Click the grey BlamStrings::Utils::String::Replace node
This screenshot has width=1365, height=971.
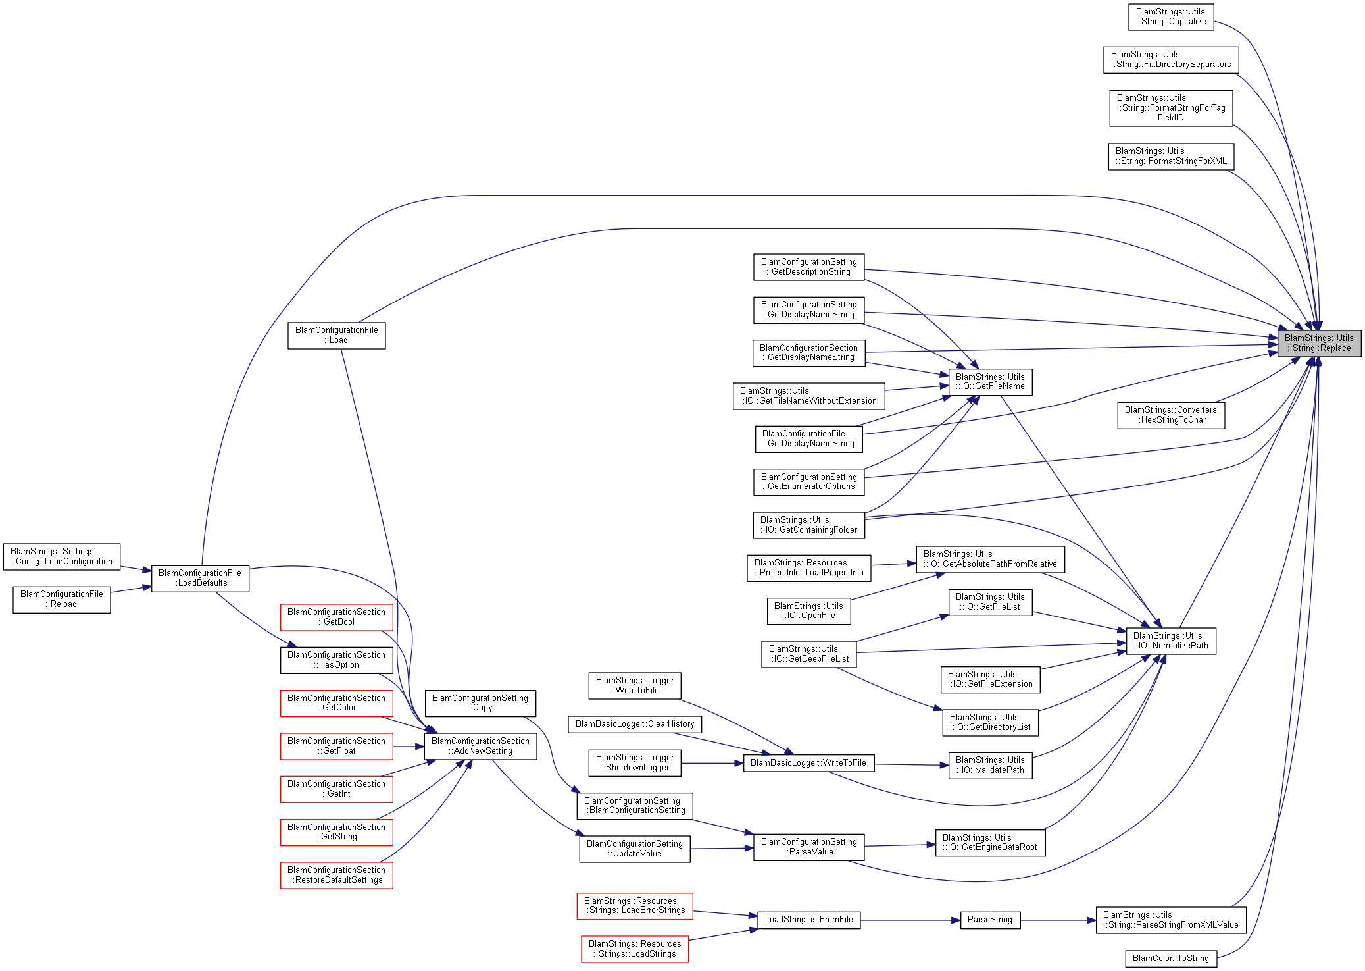click(x=1318, y=343)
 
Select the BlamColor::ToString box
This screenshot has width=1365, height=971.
click(x=1170, y=958)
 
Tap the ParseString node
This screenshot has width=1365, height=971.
click(x=989, y=920)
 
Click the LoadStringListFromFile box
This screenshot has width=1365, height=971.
click(x=808, y=920)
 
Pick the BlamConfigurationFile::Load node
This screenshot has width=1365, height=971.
click(x=336, y=335)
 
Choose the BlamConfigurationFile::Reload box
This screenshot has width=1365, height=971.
click(x=62, y=599)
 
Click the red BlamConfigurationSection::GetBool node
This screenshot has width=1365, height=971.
click(x=336, y=617)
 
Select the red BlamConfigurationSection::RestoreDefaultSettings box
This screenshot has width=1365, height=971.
click(x=336, y=875)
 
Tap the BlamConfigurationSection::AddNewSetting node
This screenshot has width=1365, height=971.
click(x=480, y=746)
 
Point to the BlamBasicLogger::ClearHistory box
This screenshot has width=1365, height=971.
click(x=635, y=724)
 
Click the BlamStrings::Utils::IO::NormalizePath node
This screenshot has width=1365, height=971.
click(x=1170, y=641)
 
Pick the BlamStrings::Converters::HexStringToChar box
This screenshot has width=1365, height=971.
click(x=1170, y=415)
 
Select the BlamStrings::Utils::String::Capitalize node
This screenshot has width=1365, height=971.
click(x=1170, y=16)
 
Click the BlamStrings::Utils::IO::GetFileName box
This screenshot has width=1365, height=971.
click(x=989, y=382)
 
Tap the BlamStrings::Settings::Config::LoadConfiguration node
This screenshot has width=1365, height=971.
click(x=61, y=556)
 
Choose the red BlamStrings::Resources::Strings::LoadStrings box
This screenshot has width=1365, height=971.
click(x=634, y=949)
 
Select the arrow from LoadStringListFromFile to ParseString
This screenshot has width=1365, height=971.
click(x=910, y=920)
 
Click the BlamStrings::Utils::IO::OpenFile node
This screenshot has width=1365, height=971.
click(x=808, y=610)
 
